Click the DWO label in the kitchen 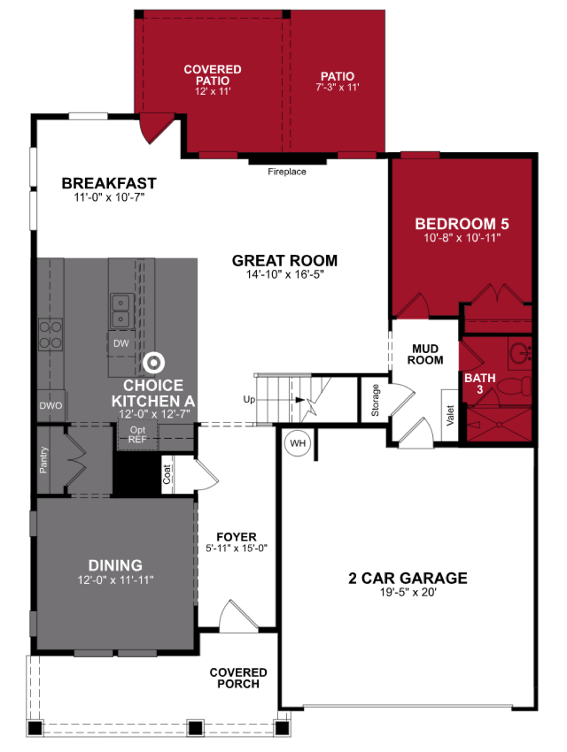point(51,406)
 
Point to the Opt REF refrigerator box point(137,435)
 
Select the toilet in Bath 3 point(515,386)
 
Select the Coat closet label point(166,474)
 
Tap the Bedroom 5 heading point(462,224)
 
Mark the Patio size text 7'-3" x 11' point(337,87)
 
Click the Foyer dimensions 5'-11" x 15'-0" point(237,548)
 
